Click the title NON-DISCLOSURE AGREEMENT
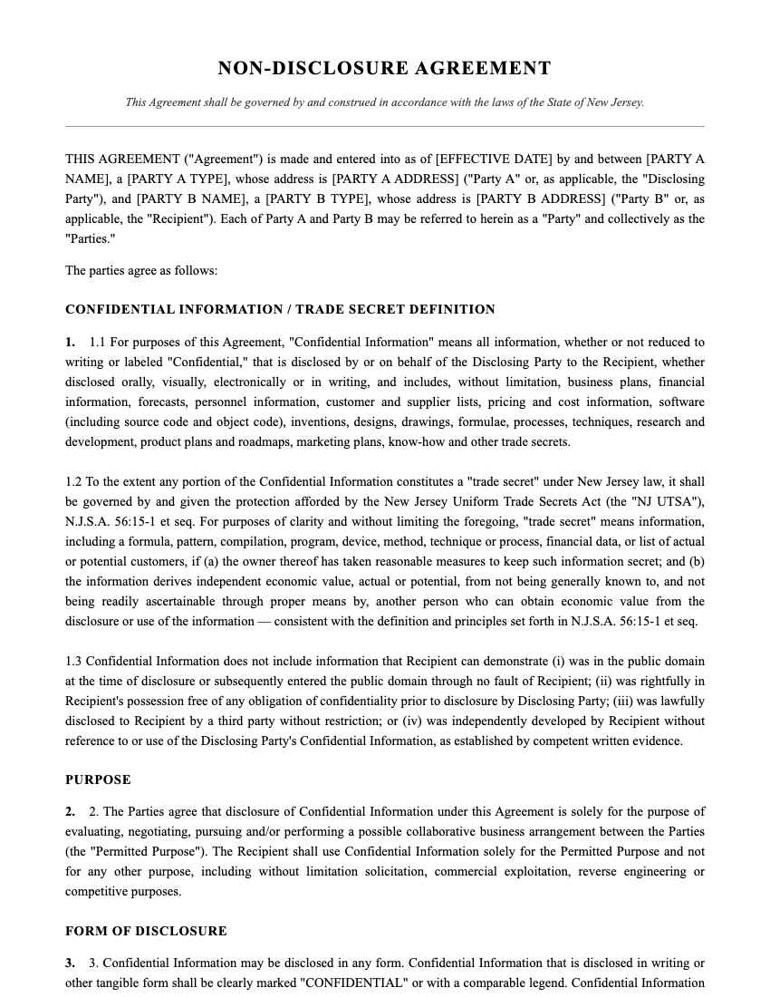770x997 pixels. pyautogui.click(x=384, y=69)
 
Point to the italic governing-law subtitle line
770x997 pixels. pyautogui.click(x=384, y=102)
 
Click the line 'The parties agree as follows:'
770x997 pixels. pyautogui.click(x=141, y=270)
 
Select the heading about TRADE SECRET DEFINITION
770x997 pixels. pyautogui.click(x=280, y=310)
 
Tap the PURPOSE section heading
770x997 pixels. pyautogui.click(x=98, y=779)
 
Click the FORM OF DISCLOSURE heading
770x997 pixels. pyautogui.click(x=146, y=931)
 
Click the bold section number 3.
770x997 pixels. pyautogui.click(x=70, y=963)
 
